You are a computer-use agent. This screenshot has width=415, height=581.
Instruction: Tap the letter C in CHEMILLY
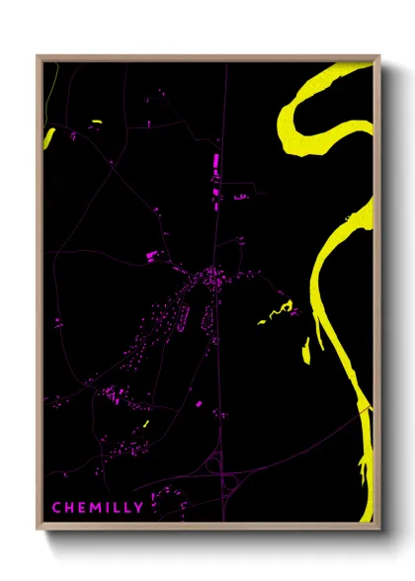(56, 508)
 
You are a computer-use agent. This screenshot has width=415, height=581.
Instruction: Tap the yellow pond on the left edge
(48, 136)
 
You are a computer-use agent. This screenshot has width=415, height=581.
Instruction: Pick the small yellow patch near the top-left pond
(96, 123)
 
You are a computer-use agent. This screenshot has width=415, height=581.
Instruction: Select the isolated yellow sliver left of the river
(305, 350)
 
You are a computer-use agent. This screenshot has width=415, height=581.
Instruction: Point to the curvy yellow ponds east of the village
(277, 314)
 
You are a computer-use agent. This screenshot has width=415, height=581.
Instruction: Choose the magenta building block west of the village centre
(151, 256)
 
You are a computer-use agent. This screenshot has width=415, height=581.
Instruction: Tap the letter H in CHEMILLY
(69, 508)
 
